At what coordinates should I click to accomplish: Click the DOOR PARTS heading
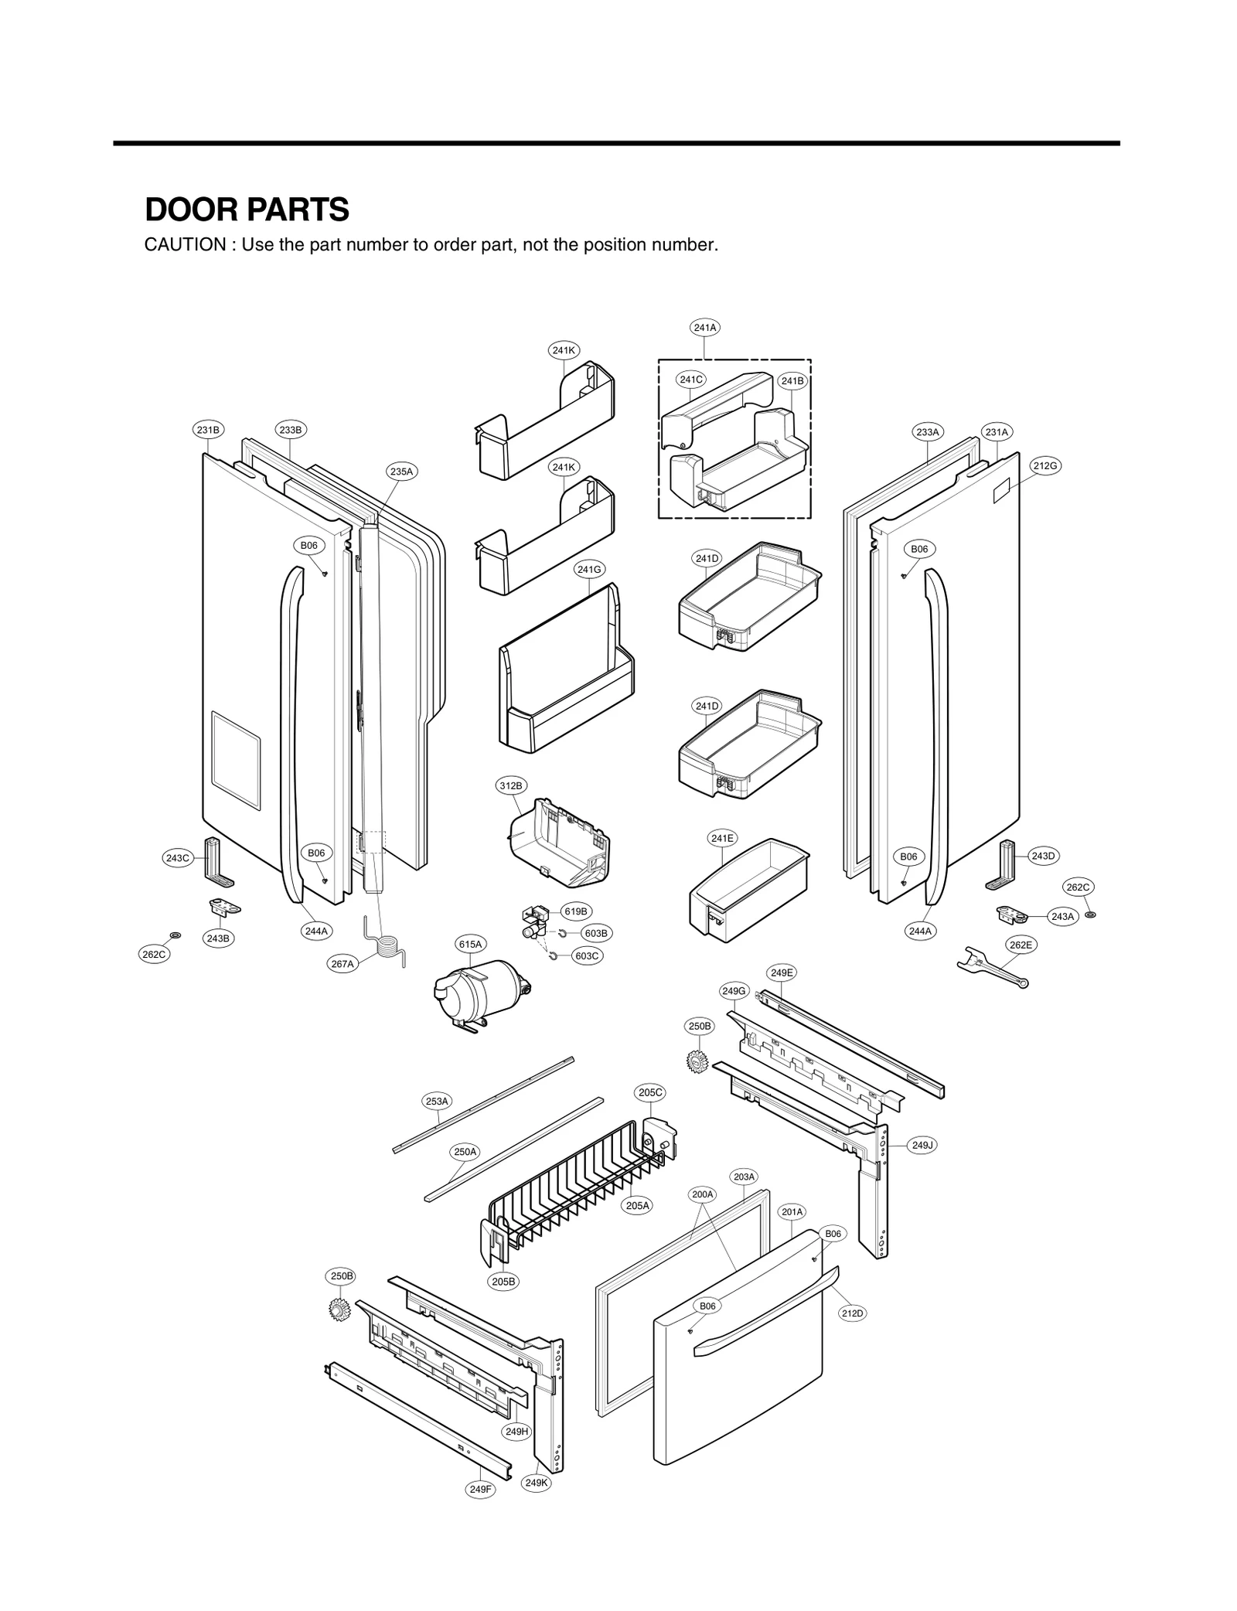click(x=247, y=209)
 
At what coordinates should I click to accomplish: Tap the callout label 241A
click(x=704, y=328)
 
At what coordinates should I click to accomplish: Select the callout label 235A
click(x=401, y=471)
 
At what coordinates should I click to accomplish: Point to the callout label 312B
click(x=510, y=786)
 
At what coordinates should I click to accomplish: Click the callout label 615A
click(x=470, y=944)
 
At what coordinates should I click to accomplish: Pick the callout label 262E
click(x=1020, y=945)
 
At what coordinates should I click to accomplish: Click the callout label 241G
click(x=589, y=570)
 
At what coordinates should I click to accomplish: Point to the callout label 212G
click(x=1044, y=465)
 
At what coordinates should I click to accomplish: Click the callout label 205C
click(x=650, y=1092)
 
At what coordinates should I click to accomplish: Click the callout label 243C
click(x=177, y=858)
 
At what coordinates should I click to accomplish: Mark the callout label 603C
click(x=587, y=956)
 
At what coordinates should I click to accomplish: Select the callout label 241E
click(x=722, y=838)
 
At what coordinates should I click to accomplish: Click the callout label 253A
click(x=437, y=1101)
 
